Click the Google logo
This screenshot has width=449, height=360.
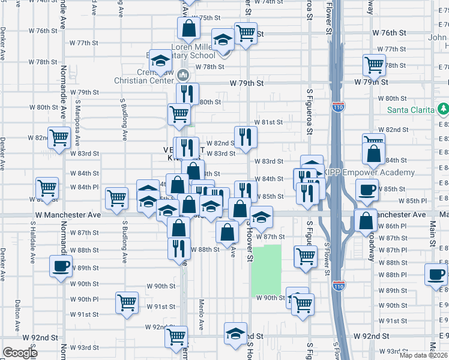[20, 353]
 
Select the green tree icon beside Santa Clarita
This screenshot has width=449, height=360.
[444, 109]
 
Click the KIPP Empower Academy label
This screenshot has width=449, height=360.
[369, 173]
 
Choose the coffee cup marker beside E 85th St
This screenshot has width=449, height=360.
[367, 191]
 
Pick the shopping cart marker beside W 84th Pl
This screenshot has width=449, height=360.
[47, 188]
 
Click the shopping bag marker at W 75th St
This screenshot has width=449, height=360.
[188, 28]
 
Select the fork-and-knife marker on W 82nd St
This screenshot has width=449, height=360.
[246, 137]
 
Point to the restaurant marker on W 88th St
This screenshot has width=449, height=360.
[178, 248]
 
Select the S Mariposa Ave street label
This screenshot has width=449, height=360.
[77, 122]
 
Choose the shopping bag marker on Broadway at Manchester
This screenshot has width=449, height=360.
[365, 220]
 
